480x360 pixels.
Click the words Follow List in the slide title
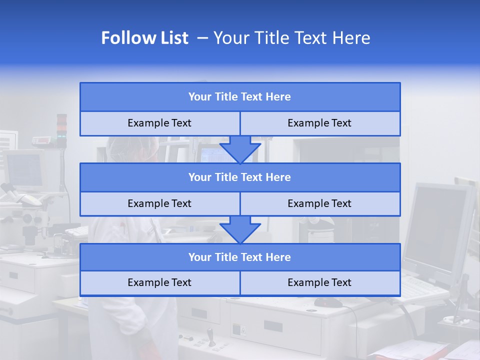(x=144, y=38)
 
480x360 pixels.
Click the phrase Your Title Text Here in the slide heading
(x=291, y=38)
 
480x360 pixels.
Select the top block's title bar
(x=240, y=97)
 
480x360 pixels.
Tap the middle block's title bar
(x=240, y=177)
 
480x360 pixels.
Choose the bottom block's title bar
(x=240, y=257)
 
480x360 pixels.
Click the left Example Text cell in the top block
(x=159, y=123)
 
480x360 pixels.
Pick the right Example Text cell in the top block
(x=319, y=123)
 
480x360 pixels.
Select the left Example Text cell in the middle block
(x=159, y=203)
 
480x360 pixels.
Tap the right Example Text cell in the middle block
(x=319, y=203)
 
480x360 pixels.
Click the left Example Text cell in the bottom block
(x=159, y=282)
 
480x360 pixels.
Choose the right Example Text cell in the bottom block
(x=319, y=282)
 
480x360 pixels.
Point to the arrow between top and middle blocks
(x=240, y=149)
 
